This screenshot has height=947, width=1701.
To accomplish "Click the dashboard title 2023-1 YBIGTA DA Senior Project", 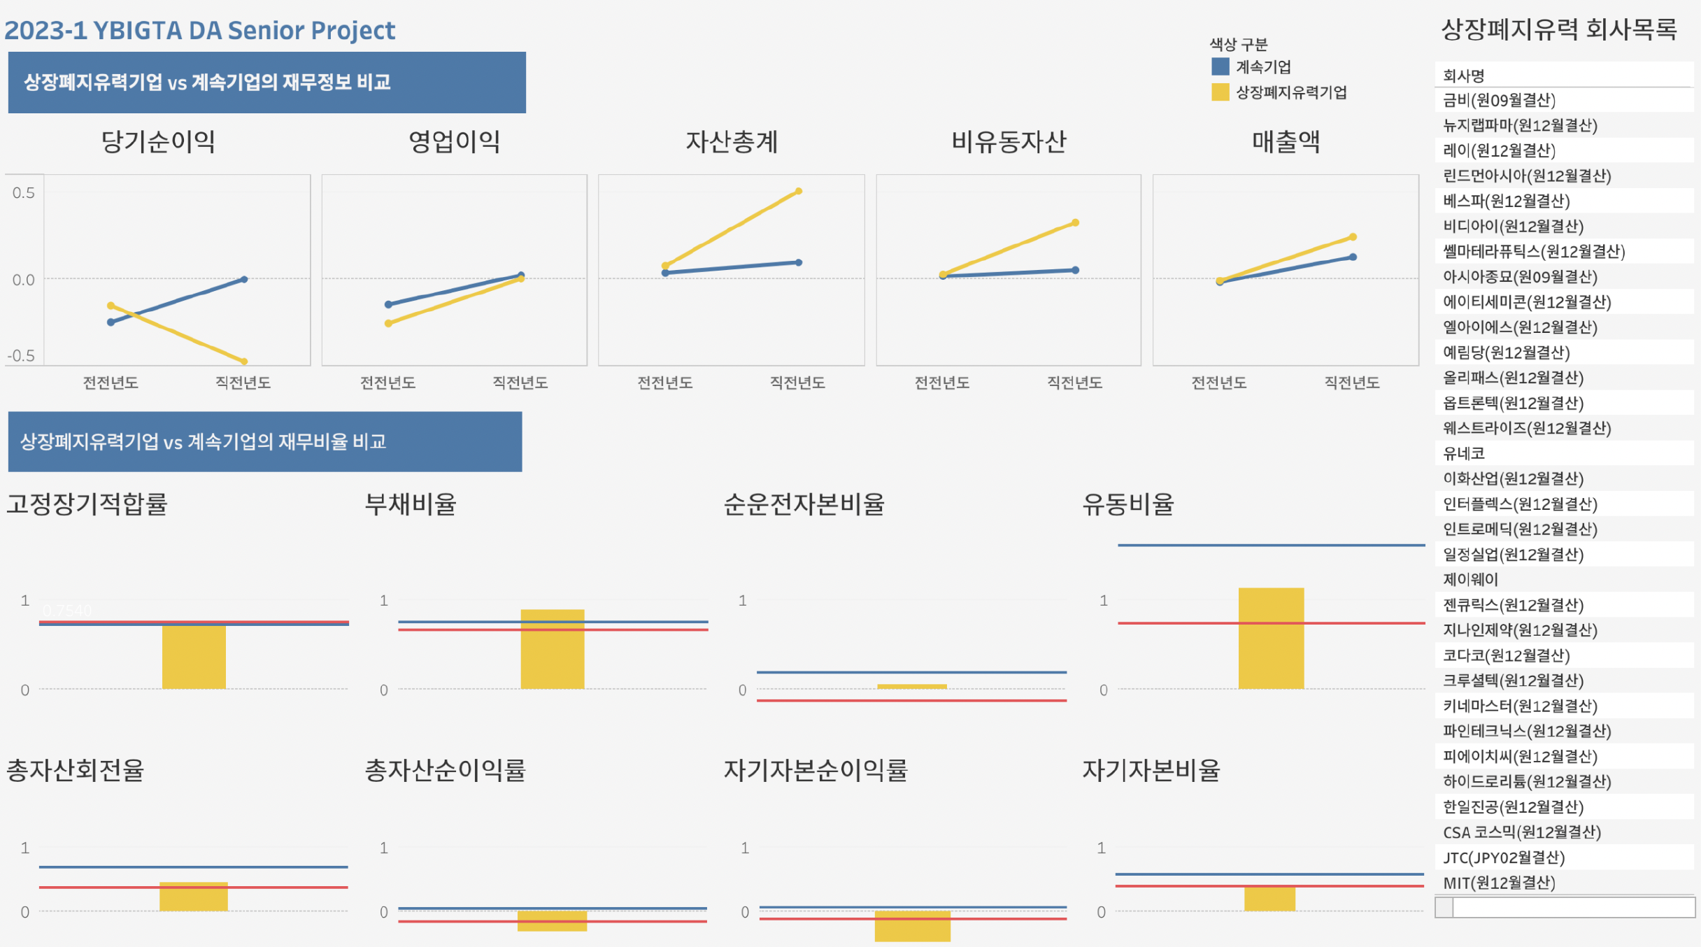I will [x=200, y=31].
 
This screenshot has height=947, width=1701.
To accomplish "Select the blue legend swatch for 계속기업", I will [x=1220, y=66].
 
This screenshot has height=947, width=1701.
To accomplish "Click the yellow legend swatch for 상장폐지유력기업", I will [x=1220, y=92].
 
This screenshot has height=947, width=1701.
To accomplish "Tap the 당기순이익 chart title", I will [x=158, y=142].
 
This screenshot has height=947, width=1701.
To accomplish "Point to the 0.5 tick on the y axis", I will [x=23, y=193].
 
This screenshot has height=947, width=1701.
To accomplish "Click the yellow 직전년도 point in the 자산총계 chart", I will [x=798, y=191].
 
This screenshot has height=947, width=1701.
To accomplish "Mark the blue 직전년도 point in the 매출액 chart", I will [x=1353, y=257].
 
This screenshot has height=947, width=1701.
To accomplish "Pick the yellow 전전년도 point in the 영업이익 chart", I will [x=388, y=323].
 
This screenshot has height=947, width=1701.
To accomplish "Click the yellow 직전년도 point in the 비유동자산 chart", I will [x=1075, y=223].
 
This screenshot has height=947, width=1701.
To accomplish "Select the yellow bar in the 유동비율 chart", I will [x=1271, y=638].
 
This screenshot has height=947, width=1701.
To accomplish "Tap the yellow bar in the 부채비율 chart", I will [x=552, y=649].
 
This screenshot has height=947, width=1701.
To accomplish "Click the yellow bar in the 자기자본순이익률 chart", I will [x=912, y=925].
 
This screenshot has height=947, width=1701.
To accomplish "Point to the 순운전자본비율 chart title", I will [x=804, y=504].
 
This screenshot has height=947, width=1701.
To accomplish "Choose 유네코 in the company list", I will [x=1464, y=453].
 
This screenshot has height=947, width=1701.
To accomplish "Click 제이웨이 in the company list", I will [x=1470, y=579].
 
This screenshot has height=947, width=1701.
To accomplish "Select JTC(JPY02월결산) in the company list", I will [x=1504, y=857].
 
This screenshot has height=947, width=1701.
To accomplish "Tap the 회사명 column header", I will [x=1463, y=76].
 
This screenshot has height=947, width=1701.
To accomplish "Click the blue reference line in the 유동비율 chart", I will [x=1271, y=545].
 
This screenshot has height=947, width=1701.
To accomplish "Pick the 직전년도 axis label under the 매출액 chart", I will [x=1351, y=383].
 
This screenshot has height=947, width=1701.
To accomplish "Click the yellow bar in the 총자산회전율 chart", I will [x=194, y=896].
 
